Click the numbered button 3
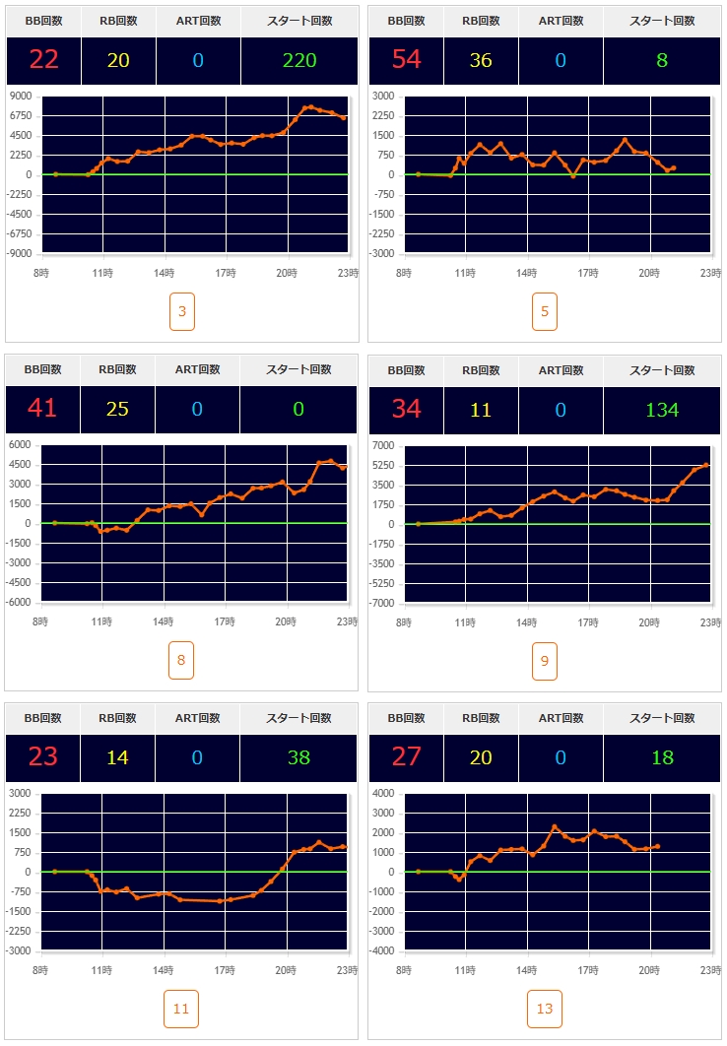[x=181, y=311]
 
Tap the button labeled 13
[x=545, y=1009]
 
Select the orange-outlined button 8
[x=181, y=660]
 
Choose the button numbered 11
[x=181, y=1009]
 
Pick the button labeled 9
[x=545, y=660]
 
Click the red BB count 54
[x=406, y=60]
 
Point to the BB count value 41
[x=42, y=409]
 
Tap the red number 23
[x=42, y=757]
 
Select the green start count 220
[x=298, y=60]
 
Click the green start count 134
[x=662, y=409]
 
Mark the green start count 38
[x=298, y=757]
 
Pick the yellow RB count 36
[x=481, y=60]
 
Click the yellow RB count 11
[x=481, y=409]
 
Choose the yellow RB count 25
[x=117, y=409]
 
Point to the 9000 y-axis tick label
[x=22, y=97]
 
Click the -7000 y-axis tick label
[x=384, y=603]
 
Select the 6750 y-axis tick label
[x=22, y=116]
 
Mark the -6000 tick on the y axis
[x=21, y=603]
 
